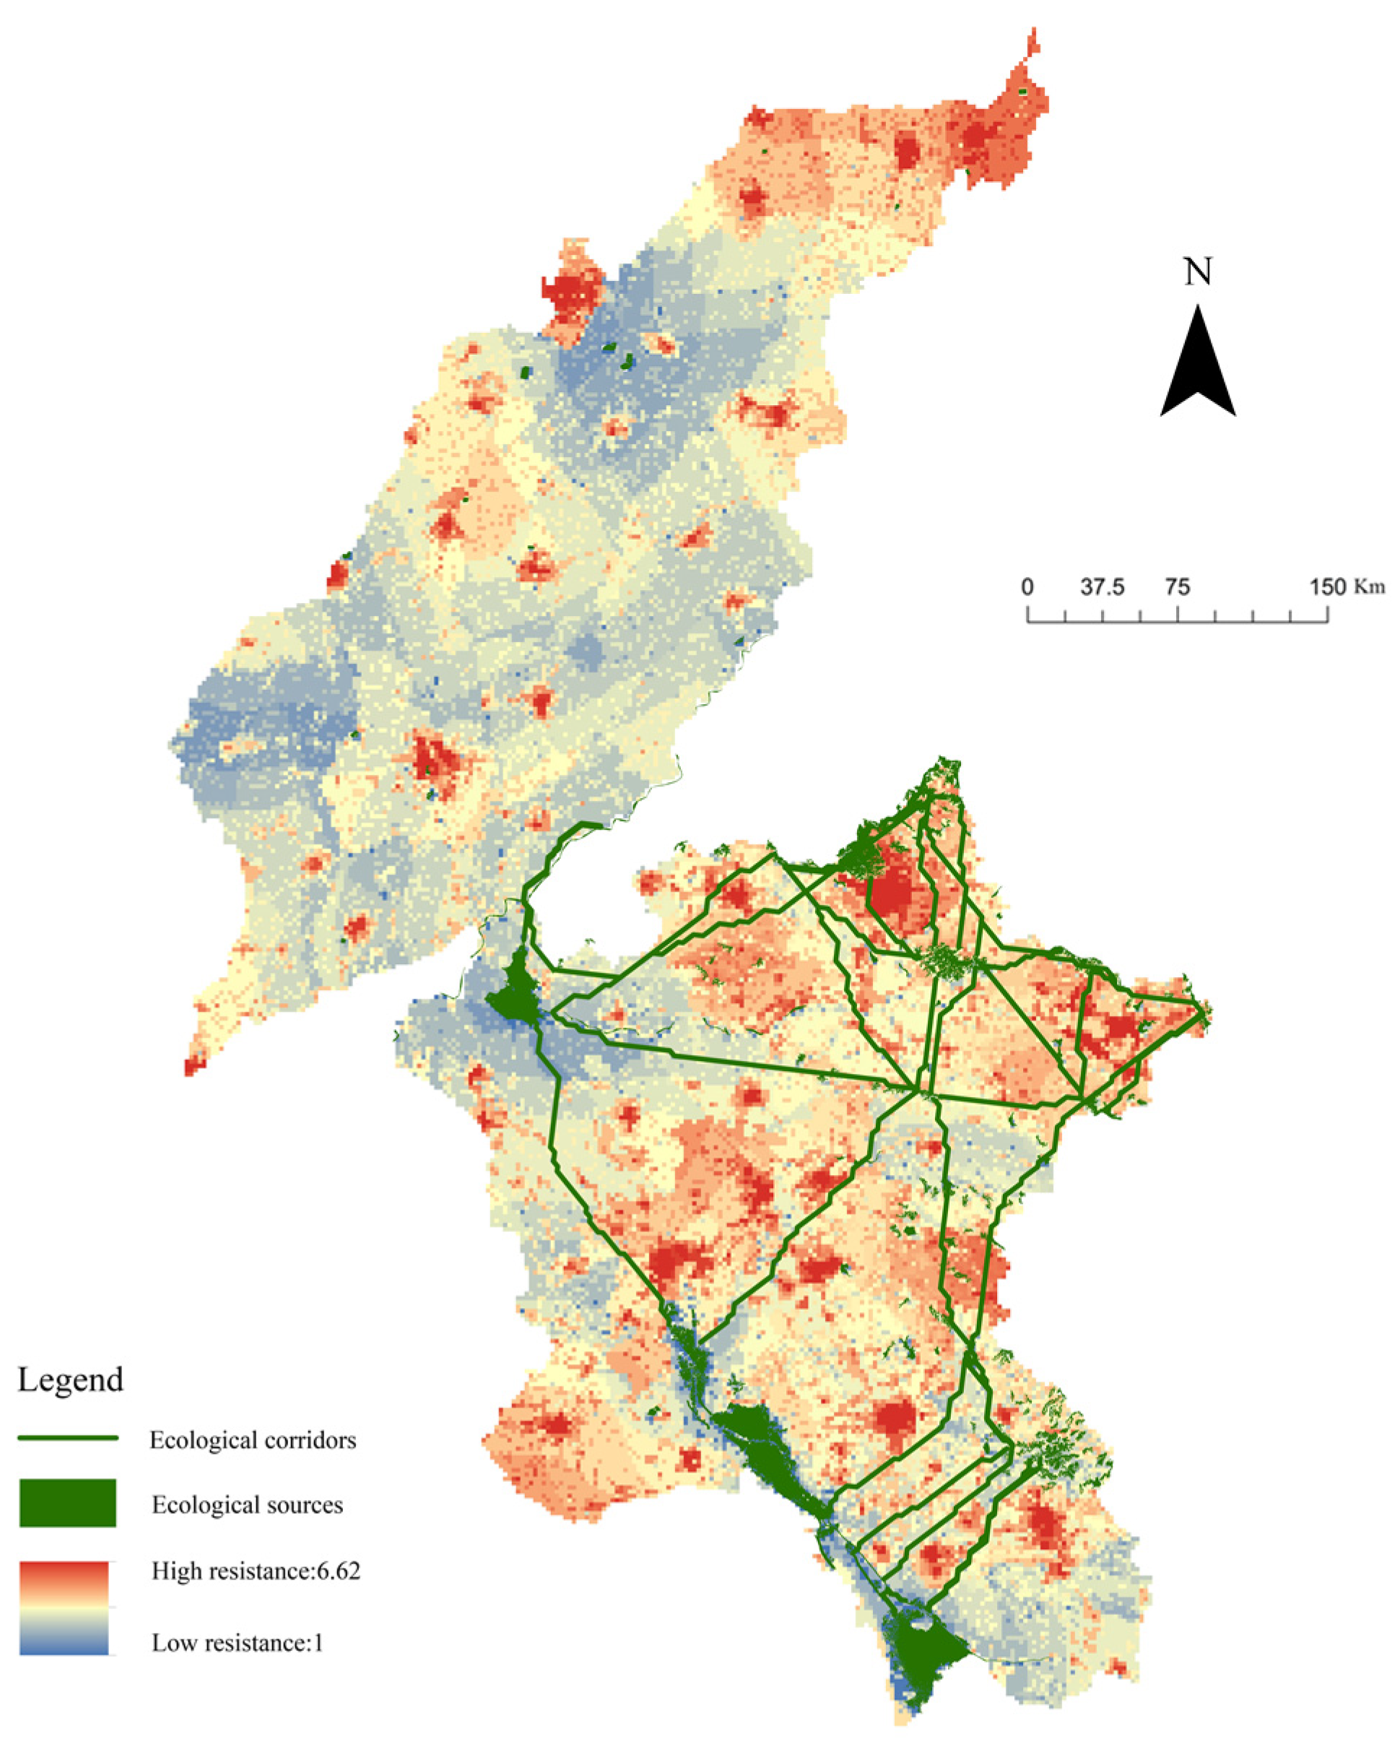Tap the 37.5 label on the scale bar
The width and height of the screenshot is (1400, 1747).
(1102, 587)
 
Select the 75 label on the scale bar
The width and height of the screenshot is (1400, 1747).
(1177, 587)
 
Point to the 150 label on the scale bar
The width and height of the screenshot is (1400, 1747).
(1326, 587)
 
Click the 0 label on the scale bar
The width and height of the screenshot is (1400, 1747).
(1027, 587)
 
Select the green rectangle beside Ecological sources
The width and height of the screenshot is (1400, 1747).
(68, 1503)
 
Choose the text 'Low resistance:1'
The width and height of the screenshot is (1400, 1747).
(238, 1642)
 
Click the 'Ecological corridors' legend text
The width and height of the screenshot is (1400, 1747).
(253, 1440)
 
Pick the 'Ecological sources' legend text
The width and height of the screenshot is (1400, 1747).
(247, 1505)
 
